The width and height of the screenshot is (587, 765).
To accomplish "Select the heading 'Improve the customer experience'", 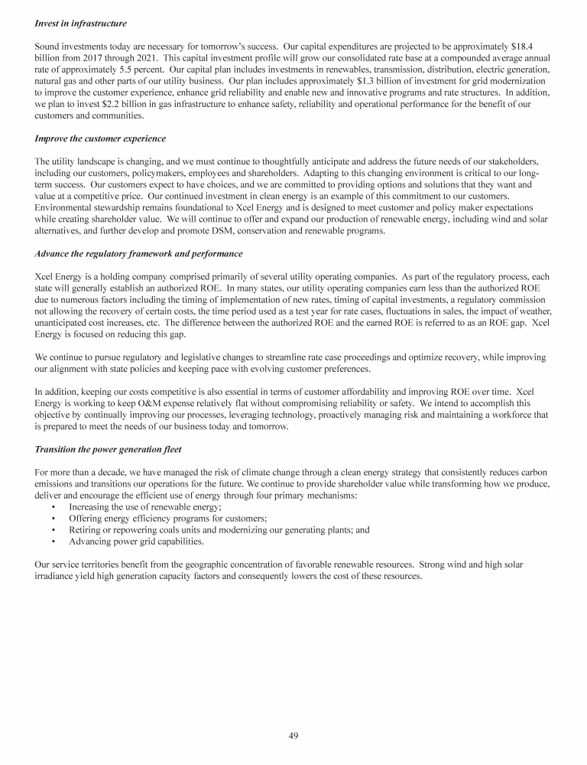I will click(102, 138).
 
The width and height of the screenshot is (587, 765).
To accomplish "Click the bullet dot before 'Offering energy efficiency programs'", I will click(52, 518).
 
